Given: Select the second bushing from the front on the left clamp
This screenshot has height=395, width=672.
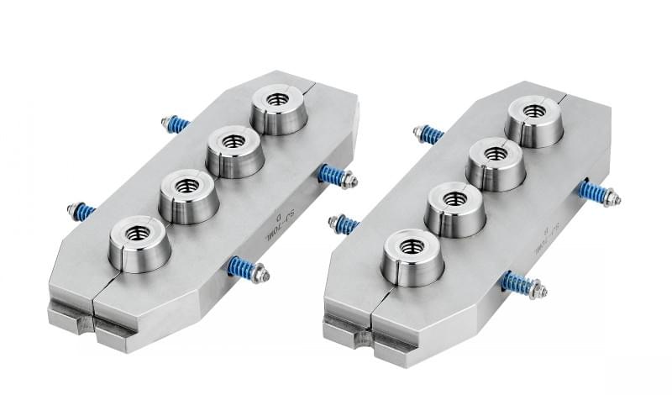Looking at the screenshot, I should pos(188,194).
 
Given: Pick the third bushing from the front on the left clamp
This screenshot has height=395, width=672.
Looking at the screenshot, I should pos(235,150).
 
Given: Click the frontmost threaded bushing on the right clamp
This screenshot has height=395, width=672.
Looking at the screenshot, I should pos(412,255).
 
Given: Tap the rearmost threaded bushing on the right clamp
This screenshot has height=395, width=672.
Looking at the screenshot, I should pos(534,120).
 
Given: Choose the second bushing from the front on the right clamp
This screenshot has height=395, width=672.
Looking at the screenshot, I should pos(454,208).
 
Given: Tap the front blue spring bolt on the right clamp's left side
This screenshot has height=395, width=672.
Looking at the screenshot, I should pos(344,224).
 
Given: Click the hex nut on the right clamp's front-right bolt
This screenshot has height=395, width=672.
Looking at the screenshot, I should pos(538,291).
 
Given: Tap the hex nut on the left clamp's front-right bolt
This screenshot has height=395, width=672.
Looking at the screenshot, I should pos(261,273).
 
